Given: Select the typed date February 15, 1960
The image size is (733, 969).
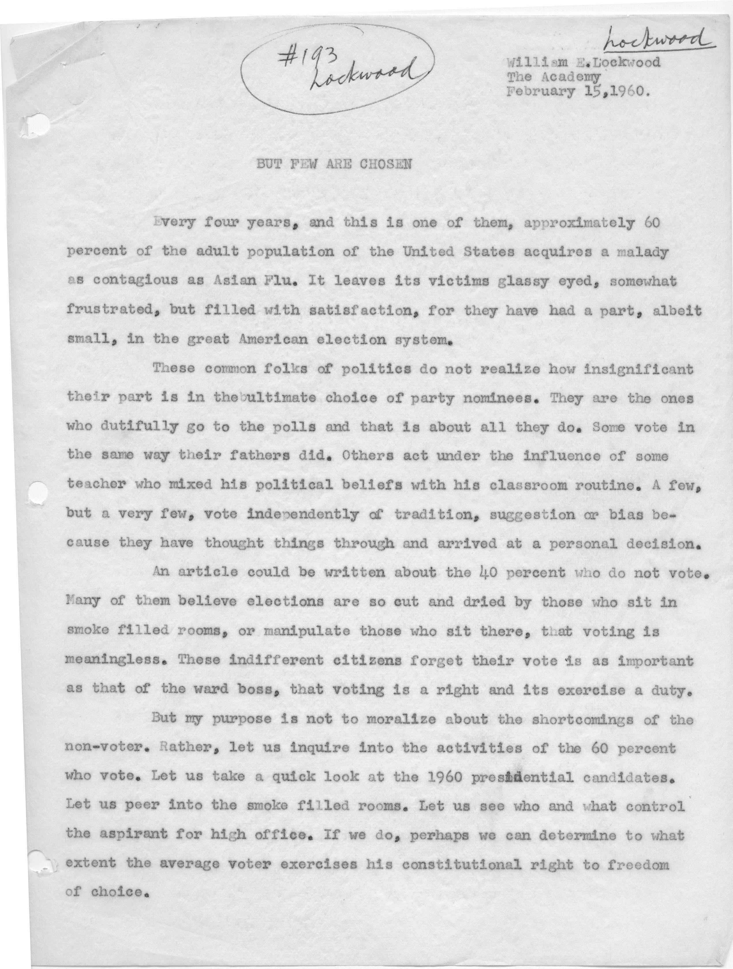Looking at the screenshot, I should point(577,92).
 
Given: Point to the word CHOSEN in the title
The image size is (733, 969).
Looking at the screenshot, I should point(385,164).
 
